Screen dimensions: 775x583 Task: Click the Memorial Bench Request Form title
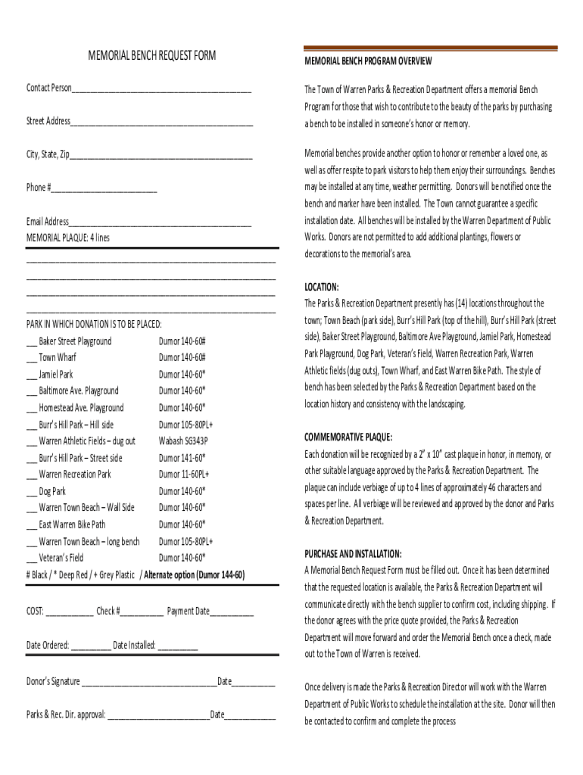coord(151,55)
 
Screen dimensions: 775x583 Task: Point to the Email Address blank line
coord(160,223)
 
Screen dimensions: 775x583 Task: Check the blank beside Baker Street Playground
coord(32,343)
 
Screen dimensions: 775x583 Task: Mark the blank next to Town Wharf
coord(32,359)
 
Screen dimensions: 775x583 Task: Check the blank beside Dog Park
coord(32,492)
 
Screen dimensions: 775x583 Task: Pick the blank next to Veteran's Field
coord(32,559)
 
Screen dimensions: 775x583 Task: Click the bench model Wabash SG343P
coord(183,441)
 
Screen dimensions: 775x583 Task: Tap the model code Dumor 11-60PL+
coord(184,475)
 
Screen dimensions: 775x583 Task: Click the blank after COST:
coord(70,612)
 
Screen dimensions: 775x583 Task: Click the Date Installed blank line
coord(178,647)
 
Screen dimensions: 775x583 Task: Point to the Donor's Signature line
coord(149,683)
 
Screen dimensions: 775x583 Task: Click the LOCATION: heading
coord(322,287)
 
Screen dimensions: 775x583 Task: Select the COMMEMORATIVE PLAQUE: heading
coord(348,437)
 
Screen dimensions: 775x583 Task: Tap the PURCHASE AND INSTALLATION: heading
coord(353,554)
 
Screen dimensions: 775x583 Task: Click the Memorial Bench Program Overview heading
coord(368,61)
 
